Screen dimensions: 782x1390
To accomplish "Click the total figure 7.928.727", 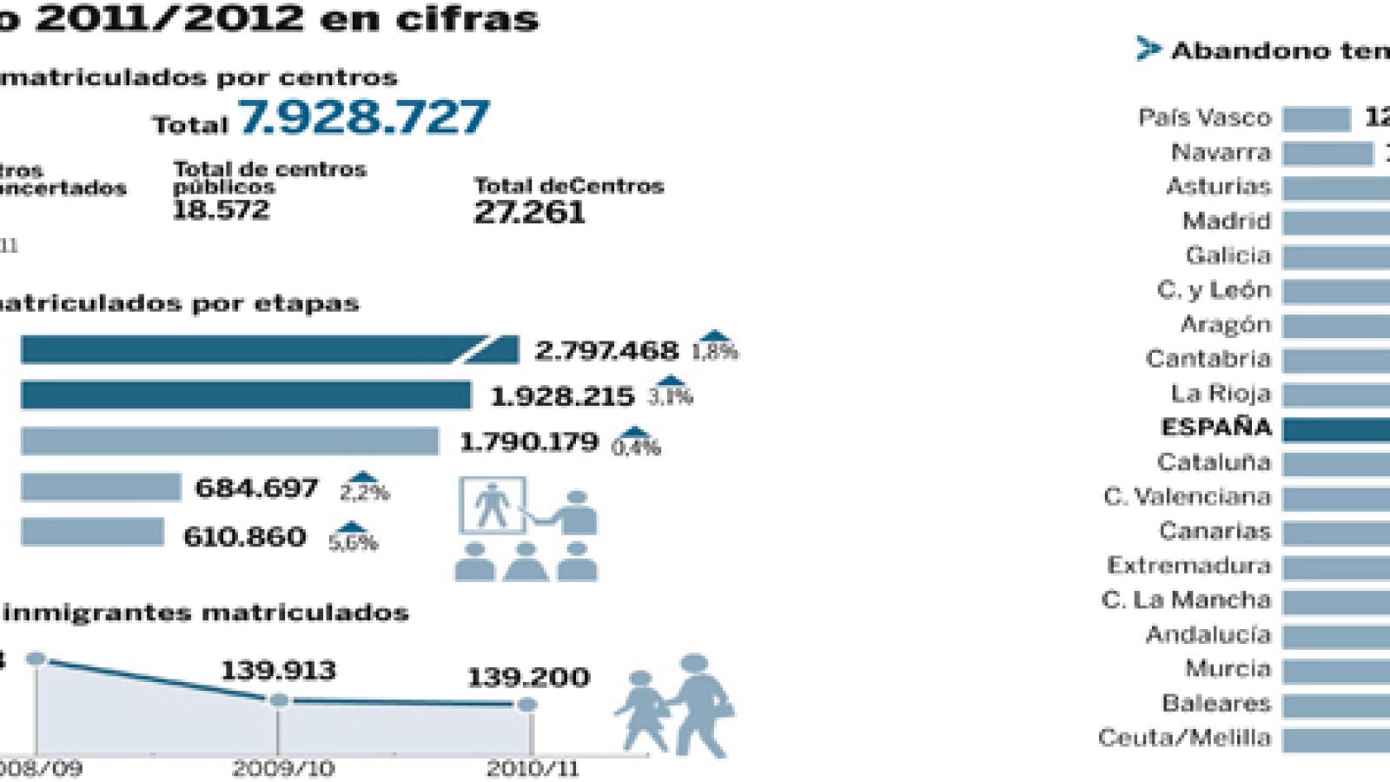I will click(x=364, y=117).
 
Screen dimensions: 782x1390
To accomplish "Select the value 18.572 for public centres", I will click(x=221, y=210).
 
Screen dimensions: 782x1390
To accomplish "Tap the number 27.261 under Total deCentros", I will click(x=529, y=212).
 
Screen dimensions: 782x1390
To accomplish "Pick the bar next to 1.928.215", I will click(x=245, y=395).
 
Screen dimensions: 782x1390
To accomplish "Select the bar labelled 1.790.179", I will click(x=229, y=441).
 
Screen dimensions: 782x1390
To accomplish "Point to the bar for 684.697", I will click(x=101, y=487).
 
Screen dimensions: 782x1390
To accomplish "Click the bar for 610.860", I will click(x=92, y=532).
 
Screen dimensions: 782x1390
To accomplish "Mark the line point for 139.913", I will click(x=279, y=700).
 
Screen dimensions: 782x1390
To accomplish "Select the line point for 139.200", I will click(x=526, y=705).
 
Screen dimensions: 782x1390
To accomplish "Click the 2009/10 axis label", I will click(x=282, y=768).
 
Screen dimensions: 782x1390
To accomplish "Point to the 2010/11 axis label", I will click(x=532, y=768).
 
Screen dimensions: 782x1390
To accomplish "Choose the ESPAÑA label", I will click(x=1215, y=427).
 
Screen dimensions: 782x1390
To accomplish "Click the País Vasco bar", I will click(x=1316, y=118).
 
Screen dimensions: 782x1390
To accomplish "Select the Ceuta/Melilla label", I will click(x=1184, y=738).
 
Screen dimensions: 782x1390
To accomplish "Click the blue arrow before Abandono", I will click(x=1148, y=50).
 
